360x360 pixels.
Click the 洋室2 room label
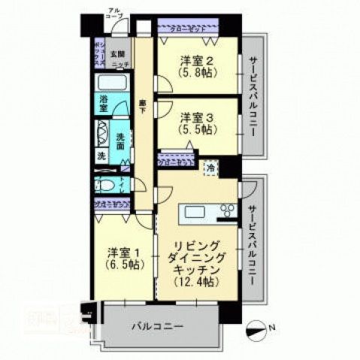coord(197,60)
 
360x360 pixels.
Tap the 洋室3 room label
coord(197,116)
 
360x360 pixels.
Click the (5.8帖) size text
coord(197,73)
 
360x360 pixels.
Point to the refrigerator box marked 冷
coord(212,168)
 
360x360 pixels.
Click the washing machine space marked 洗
coord(101,157)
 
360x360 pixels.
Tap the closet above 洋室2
coord(188,29)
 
